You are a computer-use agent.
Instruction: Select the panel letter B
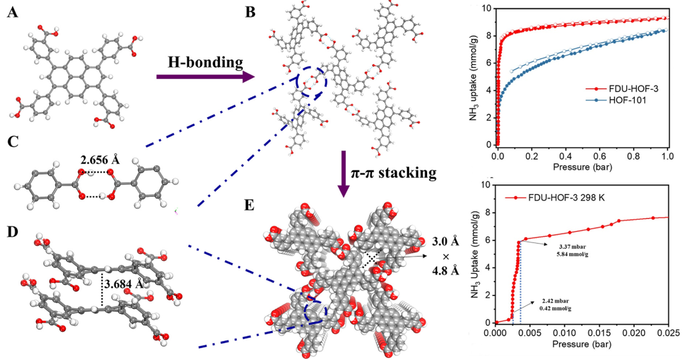[x=250, y=12]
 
